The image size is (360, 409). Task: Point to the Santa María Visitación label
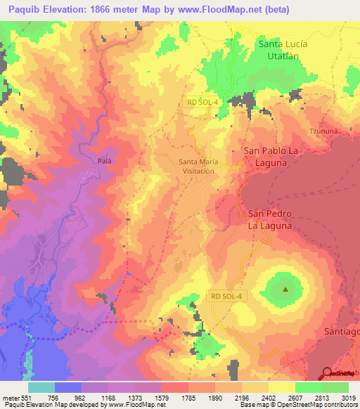pos(198,166)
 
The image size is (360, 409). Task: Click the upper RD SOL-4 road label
pos(204,101)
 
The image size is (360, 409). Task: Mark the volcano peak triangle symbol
pos(285,289)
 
